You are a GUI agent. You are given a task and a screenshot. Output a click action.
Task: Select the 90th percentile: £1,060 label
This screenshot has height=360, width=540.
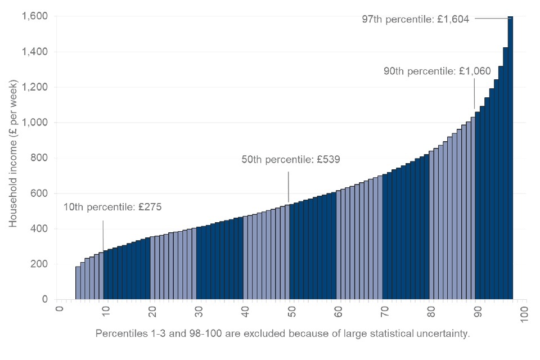pos(437,71)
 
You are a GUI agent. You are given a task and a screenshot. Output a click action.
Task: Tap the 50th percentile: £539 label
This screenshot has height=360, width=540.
pos(290,159)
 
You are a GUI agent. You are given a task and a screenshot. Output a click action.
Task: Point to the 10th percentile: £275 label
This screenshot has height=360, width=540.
pos(112,207)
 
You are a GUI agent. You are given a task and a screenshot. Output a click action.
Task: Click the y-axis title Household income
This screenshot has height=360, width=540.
pos(13,154)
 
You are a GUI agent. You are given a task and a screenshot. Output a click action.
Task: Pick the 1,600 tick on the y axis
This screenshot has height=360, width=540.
pos(35,16)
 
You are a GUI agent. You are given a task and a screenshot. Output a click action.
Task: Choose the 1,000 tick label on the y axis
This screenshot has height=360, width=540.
pos(35,123)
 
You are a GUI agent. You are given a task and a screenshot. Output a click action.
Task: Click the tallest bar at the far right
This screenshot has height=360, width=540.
pos(510,157)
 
